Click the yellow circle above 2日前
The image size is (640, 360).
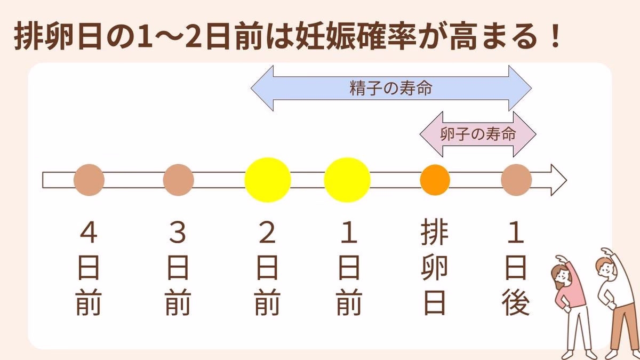click(268, 180)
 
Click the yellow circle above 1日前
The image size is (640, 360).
click(347, 180)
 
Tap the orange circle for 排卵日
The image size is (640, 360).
click(435, 180)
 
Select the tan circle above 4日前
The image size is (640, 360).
click(89, 180)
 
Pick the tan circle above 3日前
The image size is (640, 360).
click(178, 180)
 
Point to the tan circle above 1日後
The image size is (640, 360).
click(516, 180)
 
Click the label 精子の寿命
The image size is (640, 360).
click(391, 89)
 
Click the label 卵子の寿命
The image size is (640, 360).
click(478, 134)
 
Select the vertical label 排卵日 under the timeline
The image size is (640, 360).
click(435, 269)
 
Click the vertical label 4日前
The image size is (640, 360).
click(89, 269)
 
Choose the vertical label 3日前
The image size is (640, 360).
click(178, 269)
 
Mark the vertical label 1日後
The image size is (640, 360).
click(516, 269)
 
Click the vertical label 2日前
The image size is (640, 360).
click(267, 269)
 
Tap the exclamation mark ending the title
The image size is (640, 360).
click(555, 37)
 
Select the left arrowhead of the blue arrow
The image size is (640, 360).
click(262, 89)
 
